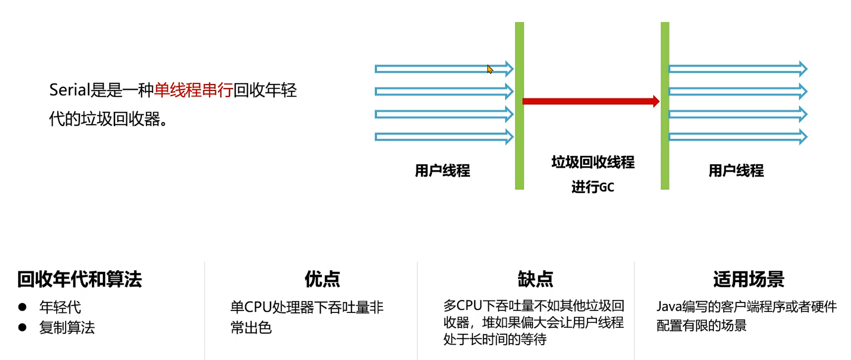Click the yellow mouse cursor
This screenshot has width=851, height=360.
pos(490,69)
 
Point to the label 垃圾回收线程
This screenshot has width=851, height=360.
pos(593,162)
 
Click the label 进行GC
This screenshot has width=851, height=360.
pos(593,187)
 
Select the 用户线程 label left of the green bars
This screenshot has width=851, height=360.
pos(442,171)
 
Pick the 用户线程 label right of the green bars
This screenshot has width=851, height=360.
pos(736,171)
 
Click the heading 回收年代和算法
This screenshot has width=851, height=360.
pos(80,280)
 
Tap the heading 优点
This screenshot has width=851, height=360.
pos(323,280)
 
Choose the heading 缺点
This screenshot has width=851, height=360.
pos(535,280)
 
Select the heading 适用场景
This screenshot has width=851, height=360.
pos(749,280)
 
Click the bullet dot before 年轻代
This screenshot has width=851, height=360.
pos(22,307)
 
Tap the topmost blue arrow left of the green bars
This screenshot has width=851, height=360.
pos(444,69)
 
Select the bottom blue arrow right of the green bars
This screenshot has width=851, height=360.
pos(737,137)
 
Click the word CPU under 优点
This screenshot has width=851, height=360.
pos(258,307)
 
